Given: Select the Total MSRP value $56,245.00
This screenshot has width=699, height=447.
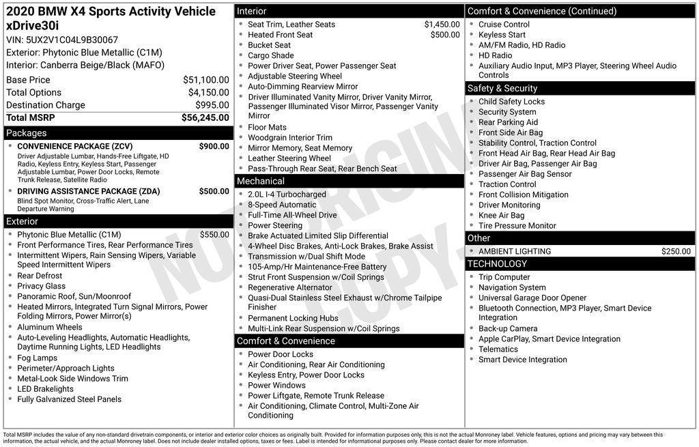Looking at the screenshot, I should [x=205, y=117].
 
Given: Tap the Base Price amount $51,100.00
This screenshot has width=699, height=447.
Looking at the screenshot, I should [x=206, y=80].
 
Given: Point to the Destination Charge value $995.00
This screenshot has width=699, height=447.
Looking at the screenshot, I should [x=212, y=105].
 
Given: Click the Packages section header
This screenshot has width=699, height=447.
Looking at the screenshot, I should [x=27, y=133].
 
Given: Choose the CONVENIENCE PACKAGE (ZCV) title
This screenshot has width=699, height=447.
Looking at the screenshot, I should [x=74, y=146].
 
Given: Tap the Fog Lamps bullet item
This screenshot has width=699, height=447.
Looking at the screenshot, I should [x=37, y=358].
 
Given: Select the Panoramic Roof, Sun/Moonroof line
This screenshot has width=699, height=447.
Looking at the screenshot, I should [x=74, y=296].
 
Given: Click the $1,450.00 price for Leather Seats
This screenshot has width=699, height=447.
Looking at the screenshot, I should [x=442, y=25].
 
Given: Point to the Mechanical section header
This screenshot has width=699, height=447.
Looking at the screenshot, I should [x=260, y=181].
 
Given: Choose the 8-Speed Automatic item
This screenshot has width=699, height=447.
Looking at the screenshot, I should [x=282, y=205].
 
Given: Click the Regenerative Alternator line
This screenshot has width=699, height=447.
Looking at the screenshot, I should [x=290, y=287].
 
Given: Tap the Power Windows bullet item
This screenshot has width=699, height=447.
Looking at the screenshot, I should [x=276, y=385].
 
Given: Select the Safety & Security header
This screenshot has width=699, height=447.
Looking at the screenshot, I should [x=502, y=88].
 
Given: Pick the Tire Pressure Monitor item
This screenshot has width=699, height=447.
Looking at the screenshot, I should [x=517, y=225].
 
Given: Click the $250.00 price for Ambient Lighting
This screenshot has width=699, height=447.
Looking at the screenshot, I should [x=676, y=251].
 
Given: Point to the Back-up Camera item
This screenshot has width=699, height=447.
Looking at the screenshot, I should [x=508, y=328].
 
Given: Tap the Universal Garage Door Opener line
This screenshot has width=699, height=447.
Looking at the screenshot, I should [x=532, y=298].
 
